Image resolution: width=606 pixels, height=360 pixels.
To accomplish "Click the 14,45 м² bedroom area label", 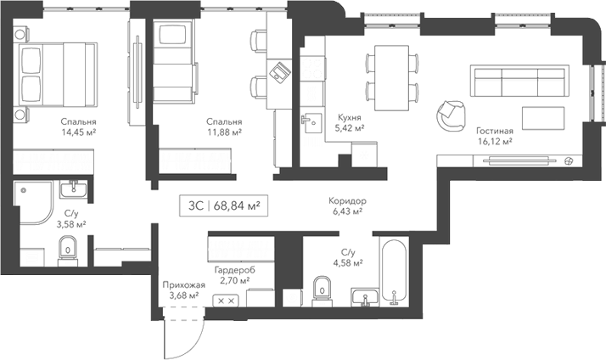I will [x=78, y=132].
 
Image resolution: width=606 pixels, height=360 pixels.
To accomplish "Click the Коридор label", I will [x=348, y=201].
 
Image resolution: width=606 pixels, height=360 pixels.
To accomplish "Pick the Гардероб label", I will [x=233, y=268].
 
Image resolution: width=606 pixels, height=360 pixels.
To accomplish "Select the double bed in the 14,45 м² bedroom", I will [x=55, y=73].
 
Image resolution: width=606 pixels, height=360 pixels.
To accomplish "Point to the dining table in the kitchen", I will [x=393, y=76].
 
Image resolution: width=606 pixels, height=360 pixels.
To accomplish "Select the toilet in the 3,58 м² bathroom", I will [x=67, y=248].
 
